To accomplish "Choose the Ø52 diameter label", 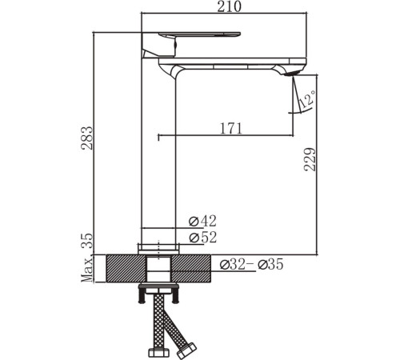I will (203, 238).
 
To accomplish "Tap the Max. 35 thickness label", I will (87, 257).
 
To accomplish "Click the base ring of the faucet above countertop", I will (158, 247).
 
